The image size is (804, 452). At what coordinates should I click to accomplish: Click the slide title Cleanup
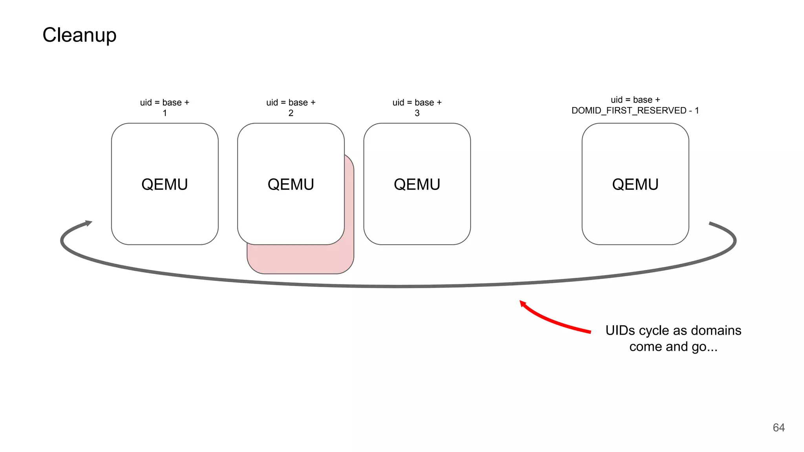(79, 35)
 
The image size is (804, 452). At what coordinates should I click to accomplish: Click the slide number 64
(778, 427)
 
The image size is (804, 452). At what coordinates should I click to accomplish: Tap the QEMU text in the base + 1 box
(164, 184)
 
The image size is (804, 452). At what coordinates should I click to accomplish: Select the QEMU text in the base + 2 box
(291, 184)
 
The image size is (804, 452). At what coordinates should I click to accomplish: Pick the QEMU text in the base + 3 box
(417, 184)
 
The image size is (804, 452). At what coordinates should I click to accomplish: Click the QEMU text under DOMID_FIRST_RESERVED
(635, 184)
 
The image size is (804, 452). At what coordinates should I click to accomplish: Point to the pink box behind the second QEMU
(300, 259)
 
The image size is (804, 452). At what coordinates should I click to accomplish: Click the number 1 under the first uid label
(165, 113)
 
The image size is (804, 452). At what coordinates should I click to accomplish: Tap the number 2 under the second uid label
(291, 113)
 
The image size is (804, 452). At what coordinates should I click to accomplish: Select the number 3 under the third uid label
(417, 113)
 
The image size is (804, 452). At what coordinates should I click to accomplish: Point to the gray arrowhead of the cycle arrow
(89, 223)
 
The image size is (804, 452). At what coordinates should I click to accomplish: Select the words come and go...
(673, 347)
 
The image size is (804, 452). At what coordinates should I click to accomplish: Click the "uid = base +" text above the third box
(417, 102)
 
